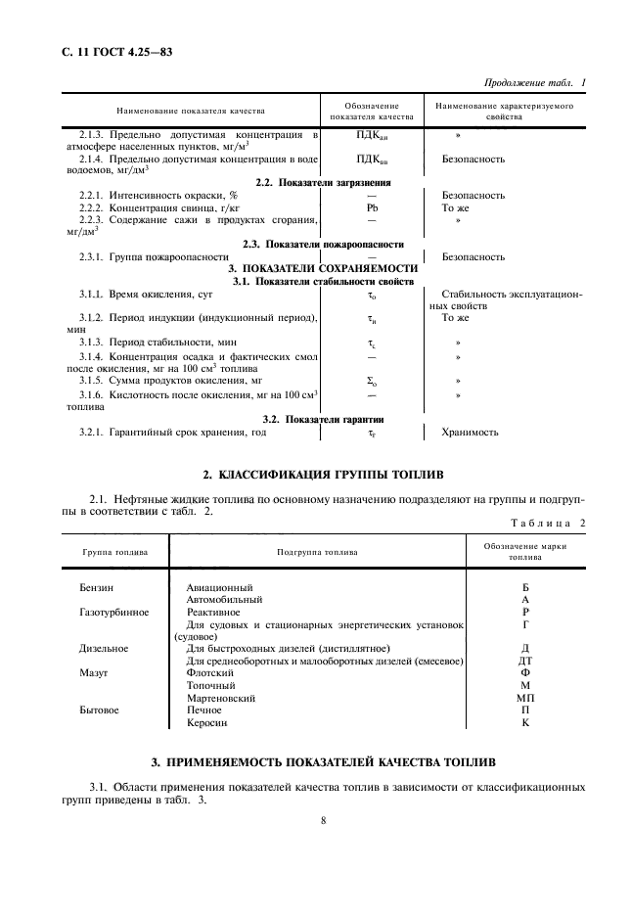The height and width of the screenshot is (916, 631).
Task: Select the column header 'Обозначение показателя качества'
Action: point(372,111)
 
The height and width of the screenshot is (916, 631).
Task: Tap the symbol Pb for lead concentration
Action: point(372,208)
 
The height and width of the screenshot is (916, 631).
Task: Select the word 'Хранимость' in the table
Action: point(471,431)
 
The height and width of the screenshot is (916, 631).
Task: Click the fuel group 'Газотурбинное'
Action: point(114,611)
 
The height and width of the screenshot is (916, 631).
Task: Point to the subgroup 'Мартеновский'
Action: point(221,698)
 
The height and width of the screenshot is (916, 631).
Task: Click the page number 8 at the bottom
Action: point(323,820)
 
